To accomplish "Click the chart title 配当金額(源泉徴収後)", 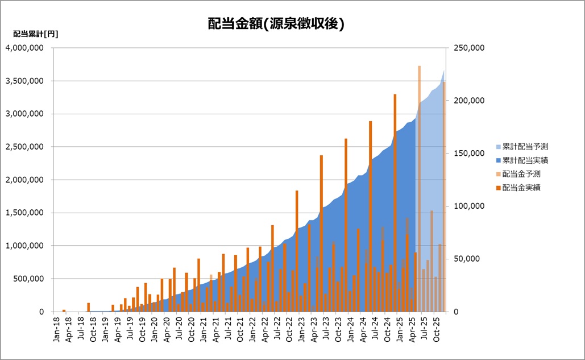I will click(276, 24).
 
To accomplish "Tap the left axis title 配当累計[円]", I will click(35, 34).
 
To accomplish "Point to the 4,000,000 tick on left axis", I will click(24, 48).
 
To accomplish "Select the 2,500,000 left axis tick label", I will click(24, 147).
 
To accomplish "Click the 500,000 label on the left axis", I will click(28, 279).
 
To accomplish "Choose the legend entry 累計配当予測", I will click(525, 147).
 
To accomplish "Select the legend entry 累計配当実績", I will click(525, 160).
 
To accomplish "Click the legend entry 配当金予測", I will click(521, 174).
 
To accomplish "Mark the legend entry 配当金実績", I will click(521, 188).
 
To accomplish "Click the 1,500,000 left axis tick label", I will click(24, 213).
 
